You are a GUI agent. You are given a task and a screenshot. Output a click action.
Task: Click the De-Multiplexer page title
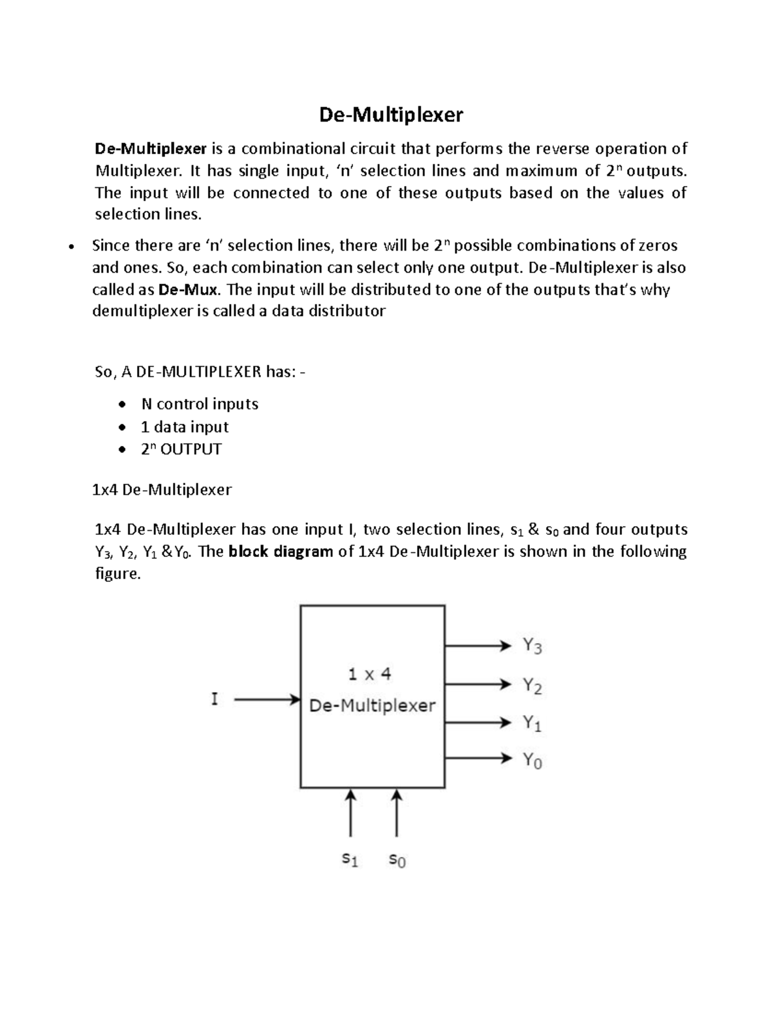point(391,115)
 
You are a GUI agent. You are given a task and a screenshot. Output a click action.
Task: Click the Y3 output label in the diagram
point(532,646)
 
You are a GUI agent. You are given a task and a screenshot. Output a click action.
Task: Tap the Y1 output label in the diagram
point(532,723)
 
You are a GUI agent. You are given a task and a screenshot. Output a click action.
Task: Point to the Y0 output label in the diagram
point(532,760)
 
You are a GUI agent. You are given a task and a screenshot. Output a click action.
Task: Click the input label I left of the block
point(214,699)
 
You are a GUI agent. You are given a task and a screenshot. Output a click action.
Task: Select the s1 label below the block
point(350,860)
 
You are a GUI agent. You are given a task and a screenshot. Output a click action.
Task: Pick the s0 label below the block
point(397,860)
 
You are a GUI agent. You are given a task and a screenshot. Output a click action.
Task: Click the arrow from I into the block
point(266,699)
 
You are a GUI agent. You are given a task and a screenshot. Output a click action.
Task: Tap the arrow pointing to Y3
point(478,646)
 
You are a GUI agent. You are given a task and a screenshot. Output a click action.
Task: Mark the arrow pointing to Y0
point(478,758)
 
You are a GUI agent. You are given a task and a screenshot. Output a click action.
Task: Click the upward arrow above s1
point(351,813)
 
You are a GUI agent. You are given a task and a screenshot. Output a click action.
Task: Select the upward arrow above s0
point(397,813)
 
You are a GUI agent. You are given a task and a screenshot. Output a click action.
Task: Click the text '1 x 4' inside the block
point(369,674)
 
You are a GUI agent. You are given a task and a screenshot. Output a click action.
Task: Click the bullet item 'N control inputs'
point(200,404)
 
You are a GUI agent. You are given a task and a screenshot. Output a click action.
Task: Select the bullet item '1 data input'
point(185,427)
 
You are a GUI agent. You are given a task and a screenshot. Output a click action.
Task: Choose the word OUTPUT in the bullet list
point(191,449)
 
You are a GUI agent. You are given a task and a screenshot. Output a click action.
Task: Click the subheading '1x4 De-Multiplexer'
point(162,490)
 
